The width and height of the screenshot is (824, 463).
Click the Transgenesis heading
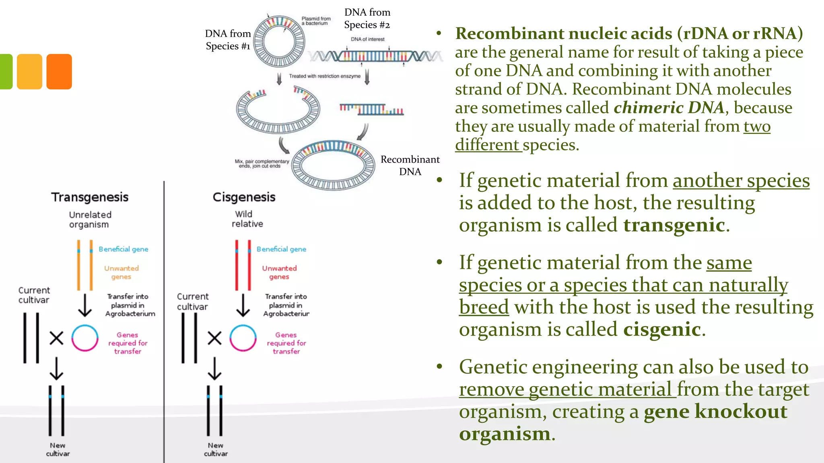[x=90, y=197]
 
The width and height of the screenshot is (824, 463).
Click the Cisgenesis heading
[x=244, y=197]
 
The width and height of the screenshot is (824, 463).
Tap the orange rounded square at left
[x=59, y=72]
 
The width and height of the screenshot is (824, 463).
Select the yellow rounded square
[x=29, y=72]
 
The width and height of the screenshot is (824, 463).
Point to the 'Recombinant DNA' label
[x=410, y=166]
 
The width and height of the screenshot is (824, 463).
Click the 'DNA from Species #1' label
[x=228, y=40]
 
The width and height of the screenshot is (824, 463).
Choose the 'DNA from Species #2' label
[x=367, y=18]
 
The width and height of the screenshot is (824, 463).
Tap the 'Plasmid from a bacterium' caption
[x=316, y=21]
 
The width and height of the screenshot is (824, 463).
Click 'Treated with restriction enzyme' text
[x=325, y=76]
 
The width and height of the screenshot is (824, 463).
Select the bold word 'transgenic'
[x=674, y=225]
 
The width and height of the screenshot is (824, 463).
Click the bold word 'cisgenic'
[x=662, y=330]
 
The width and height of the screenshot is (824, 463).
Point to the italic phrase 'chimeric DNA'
[x=669, y=108]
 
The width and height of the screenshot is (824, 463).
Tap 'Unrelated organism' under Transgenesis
[x=90, y=219]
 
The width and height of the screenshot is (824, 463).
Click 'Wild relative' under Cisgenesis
[x=247, y=219]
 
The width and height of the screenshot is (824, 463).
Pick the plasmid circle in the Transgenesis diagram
[x=85, y=338]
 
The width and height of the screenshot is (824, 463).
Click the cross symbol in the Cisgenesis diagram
[x=214, y=338]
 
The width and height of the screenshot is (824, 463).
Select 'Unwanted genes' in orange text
[x=121, y=272]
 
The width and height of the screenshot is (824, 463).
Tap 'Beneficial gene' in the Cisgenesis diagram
[x=281, y=249]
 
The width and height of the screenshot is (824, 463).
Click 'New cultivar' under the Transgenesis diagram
[x=58, y=449]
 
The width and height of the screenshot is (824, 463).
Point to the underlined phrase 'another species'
[x=741, y=181]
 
